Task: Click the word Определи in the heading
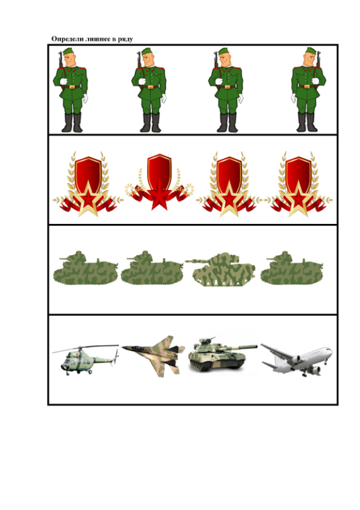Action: tap(67, 39)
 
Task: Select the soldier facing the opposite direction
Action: tap(308, 90)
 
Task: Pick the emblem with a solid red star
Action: tap(159, 181)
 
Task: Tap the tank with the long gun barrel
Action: tap(220, 270)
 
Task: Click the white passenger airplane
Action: tap(296, 360)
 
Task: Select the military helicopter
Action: tap(85, 359)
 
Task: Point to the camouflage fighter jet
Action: tap(154, 356)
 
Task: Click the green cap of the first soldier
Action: tap(69, 51)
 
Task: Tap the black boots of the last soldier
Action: tap(307, 123)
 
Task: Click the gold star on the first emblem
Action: tap(88, 199)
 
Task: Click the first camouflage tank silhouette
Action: tap(85, 268)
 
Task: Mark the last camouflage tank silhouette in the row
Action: tap(292, 268)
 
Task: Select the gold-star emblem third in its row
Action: tap(230, 184)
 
